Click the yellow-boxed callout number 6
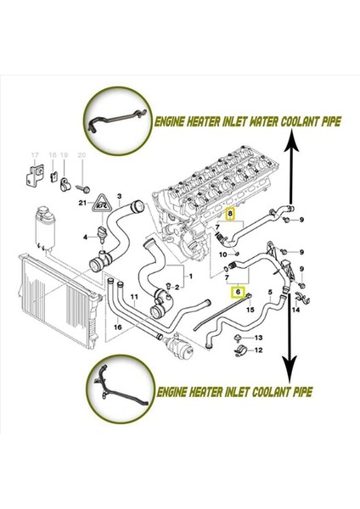coord(239,291)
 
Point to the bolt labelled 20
coord(82,183)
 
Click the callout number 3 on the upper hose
coord(118,197)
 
